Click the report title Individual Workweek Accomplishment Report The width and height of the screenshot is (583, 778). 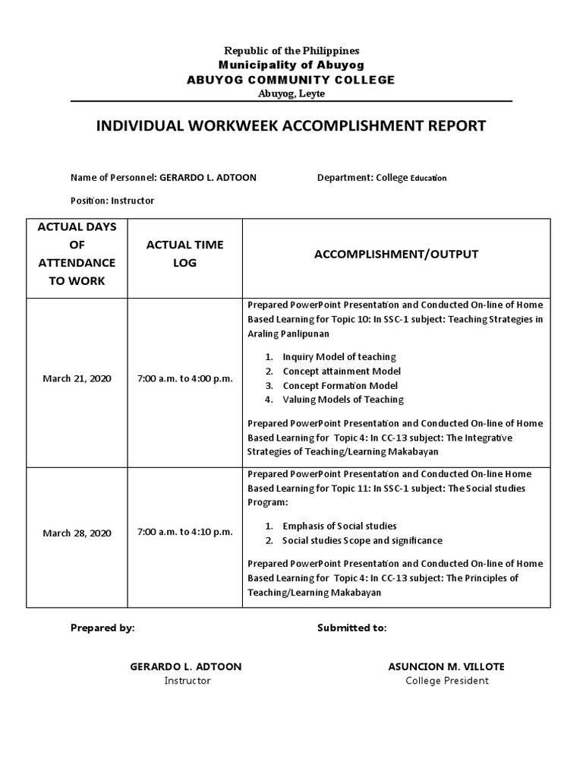291,126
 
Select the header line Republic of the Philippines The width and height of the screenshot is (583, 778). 291,50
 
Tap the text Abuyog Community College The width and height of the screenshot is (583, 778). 291,80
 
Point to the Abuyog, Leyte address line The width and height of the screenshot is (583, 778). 291,93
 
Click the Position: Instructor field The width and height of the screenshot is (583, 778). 112,201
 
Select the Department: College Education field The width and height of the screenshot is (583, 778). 382,178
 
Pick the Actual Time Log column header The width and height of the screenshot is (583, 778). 184,254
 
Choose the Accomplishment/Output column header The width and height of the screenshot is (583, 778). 396,254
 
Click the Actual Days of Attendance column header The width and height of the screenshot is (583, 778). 77,254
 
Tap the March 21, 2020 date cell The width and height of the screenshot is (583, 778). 77,378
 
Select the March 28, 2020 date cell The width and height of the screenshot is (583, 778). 77,533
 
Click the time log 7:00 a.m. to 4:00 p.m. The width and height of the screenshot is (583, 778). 184,378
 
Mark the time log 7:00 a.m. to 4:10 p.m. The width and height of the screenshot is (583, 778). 184,532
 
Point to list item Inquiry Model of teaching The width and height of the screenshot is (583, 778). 339,356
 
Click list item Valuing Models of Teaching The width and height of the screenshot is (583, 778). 342,400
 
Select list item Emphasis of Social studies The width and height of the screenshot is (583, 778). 339,526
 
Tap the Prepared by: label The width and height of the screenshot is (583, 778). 102,628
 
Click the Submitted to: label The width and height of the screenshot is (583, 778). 351,628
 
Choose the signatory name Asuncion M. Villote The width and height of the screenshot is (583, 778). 446,666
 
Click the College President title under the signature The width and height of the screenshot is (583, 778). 446,681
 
